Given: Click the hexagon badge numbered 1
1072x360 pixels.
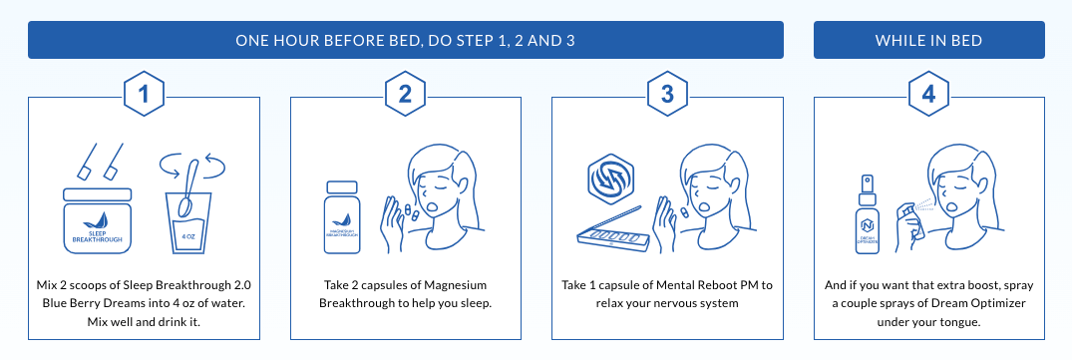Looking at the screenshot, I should tap(145, 96).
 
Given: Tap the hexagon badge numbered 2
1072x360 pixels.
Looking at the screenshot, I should tap(406, 96).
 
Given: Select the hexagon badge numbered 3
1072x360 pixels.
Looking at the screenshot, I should tap(667, 96).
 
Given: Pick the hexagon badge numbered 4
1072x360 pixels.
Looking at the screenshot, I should tap(929, 96).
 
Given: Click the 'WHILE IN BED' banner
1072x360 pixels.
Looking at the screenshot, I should tap(929, 41).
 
